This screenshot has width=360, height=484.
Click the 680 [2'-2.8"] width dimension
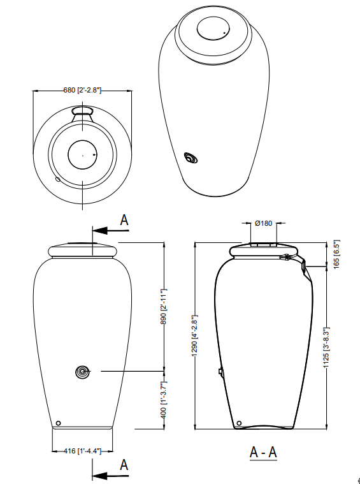[83, 91]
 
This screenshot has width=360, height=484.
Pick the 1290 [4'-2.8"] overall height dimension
[196, 335]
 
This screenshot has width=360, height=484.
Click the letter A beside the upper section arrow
[124, 220]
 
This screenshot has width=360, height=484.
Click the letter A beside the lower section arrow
[124, 464]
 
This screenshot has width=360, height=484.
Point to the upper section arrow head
[96, 230]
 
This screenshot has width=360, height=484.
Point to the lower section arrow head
[96, 474]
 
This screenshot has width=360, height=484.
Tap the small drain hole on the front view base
[58, 423]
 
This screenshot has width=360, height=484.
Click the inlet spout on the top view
[83, 112]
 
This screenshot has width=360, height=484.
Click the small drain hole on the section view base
[239, 423]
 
